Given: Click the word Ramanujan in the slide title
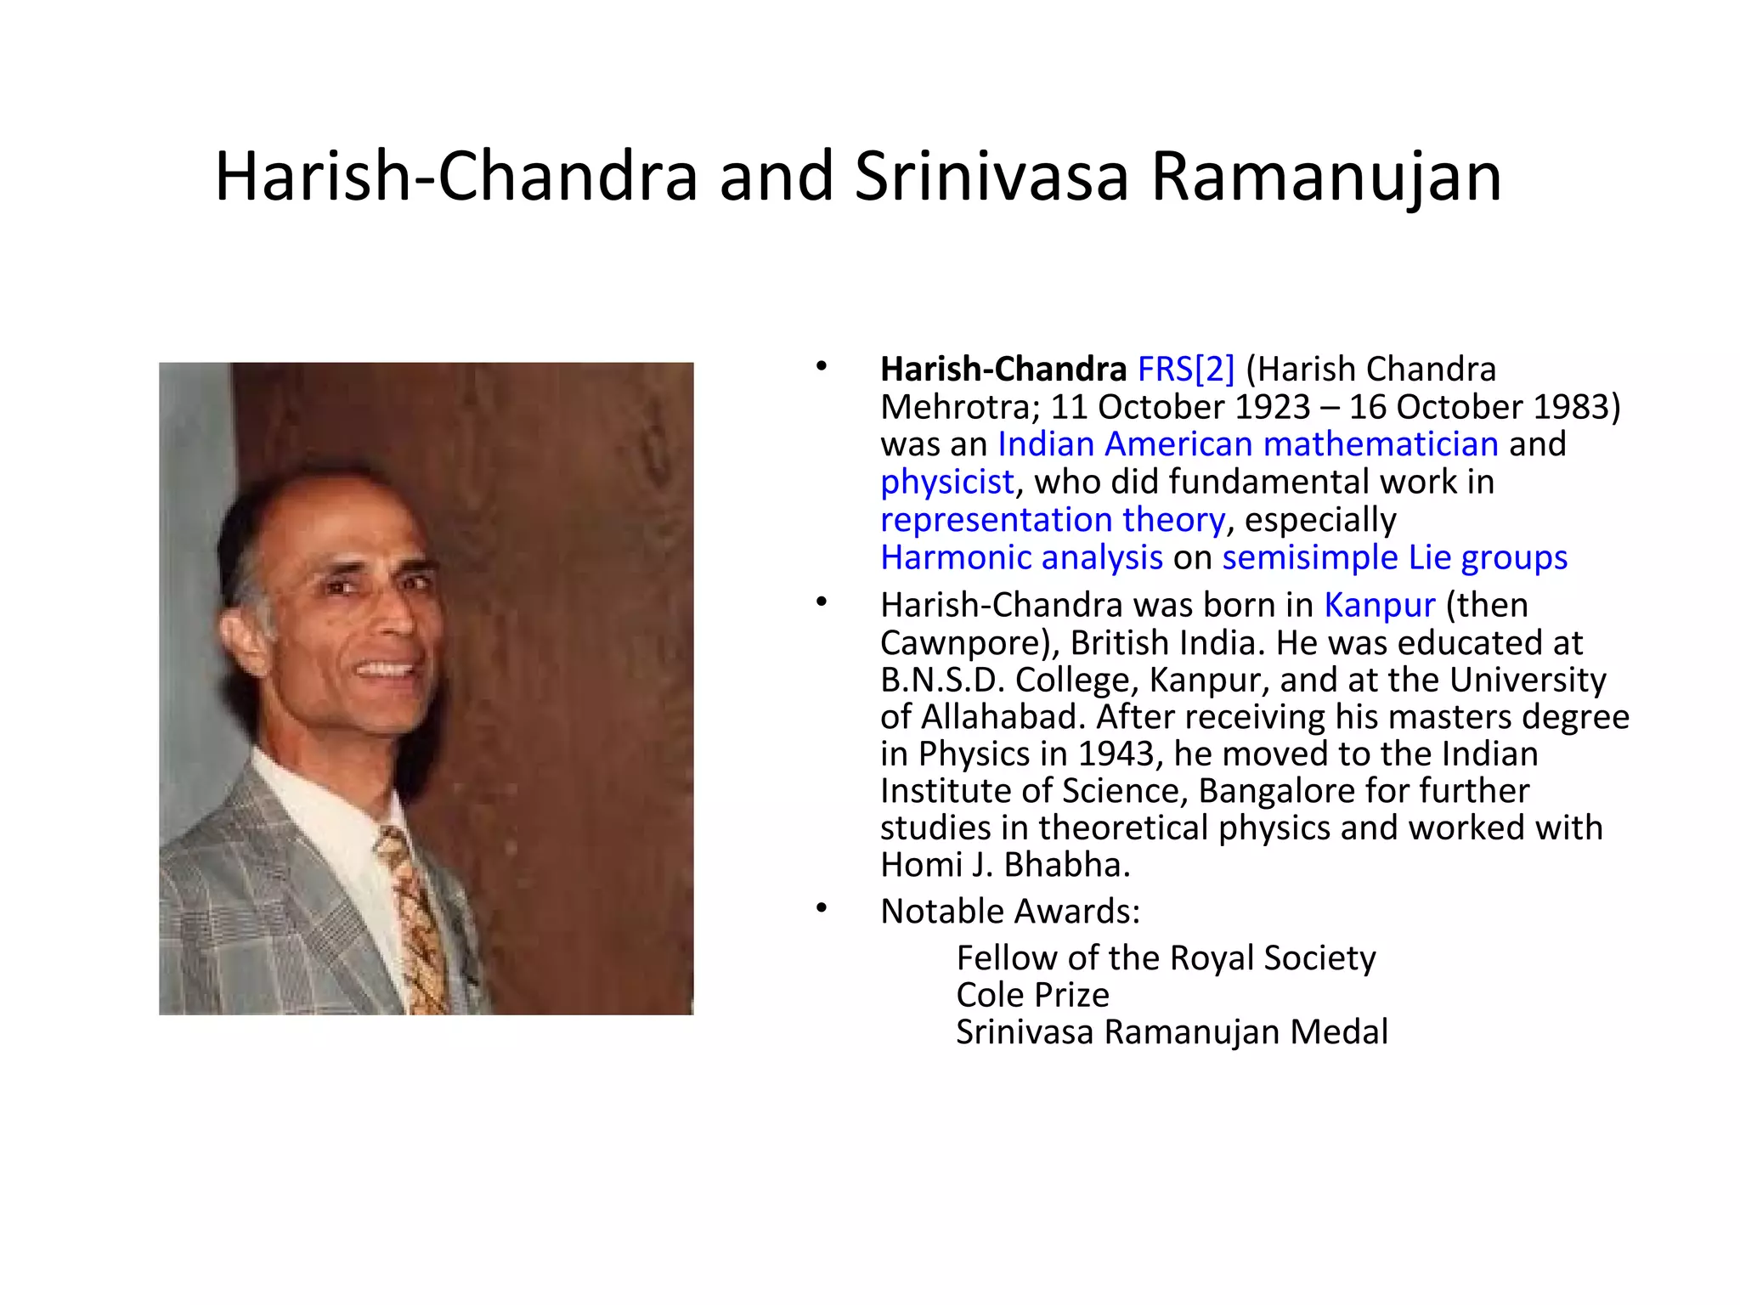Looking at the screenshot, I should [1325, 178].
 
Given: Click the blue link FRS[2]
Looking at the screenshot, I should [1185, 370].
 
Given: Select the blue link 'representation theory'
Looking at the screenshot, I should [1053, 520].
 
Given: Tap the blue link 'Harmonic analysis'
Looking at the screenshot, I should [1021, 558].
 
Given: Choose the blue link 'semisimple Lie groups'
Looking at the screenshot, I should [1394, 558].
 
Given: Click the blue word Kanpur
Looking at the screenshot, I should [1379, 606].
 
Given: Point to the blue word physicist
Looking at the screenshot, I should [946, 483].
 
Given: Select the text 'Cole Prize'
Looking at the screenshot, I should [1032, 995].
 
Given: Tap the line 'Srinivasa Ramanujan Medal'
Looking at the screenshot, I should [1172, 1032].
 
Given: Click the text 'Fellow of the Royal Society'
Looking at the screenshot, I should [1165, 958].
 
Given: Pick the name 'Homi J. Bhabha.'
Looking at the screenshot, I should [1005, 865].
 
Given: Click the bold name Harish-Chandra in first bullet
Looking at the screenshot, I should [1003, 370].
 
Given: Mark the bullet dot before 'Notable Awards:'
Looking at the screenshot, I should [821, 909].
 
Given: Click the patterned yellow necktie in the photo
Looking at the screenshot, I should [415, 918].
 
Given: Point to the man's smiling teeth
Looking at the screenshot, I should [387, 669].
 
